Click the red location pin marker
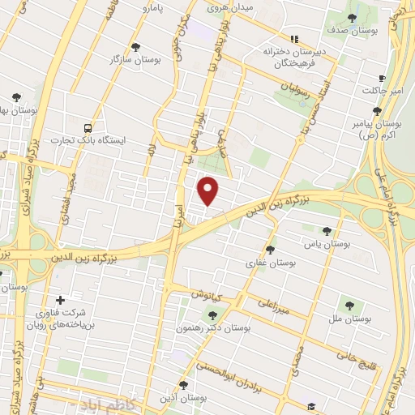click(209, 190)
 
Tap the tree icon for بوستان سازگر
click(135, 47)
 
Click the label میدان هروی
click(230, 7)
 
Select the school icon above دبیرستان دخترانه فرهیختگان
click(295, 38)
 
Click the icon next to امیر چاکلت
click(394, 79)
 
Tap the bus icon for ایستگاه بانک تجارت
click(88, 128)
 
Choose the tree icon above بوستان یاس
click(327, 230)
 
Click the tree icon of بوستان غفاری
click(270, 250)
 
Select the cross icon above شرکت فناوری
click(60, 301)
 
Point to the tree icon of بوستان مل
click(349, 306)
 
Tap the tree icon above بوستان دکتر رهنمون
click(212, 316)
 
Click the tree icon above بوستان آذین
click(183, 386)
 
